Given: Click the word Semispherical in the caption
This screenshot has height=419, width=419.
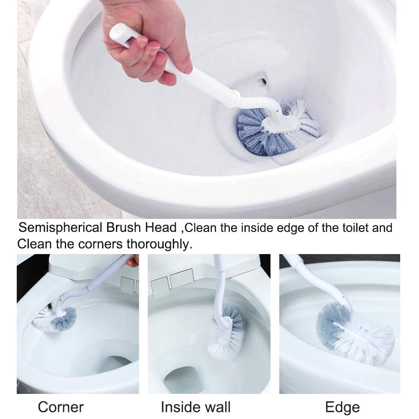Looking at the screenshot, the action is (60, 228).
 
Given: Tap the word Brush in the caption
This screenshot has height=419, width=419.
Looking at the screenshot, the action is (123, 227).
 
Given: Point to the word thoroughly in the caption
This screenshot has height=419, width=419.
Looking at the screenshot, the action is (159, 244).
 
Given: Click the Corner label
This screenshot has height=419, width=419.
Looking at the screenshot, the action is (61, 407).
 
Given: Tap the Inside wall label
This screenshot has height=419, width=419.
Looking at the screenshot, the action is (195, 407).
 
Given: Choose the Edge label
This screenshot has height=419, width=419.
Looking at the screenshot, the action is (342, 408).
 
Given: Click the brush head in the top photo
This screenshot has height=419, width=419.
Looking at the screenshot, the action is (278, 128).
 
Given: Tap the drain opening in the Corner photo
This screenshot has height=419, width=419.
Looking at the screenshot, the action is (118, 361).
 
